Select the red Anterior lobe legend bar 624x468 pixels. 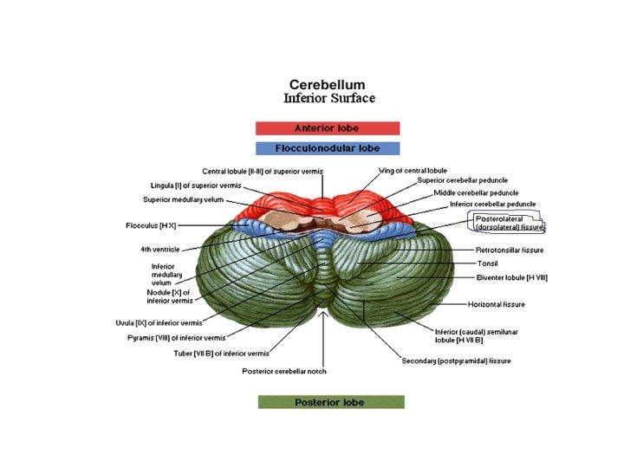coord(328,128)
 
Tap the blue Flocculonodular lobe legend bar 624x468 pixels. coord(328,148)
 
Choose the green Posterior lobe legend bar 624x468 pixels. coord(331,402)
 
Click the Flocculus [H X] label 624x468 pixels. coord(151,226)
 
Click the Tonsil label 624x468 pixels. coord(487,264)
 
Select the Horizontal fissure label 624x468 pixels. coord(497,305)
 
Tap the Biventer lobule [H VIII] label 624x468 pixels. coord(511,278)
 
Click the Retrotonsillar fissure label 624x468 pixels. coord(509,250)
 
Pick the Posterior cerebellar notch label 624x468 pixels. coord(283,371)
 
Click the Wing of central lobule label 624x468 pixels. coord(413,171)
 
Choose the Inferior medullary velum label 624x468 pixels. coord(163,274)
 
